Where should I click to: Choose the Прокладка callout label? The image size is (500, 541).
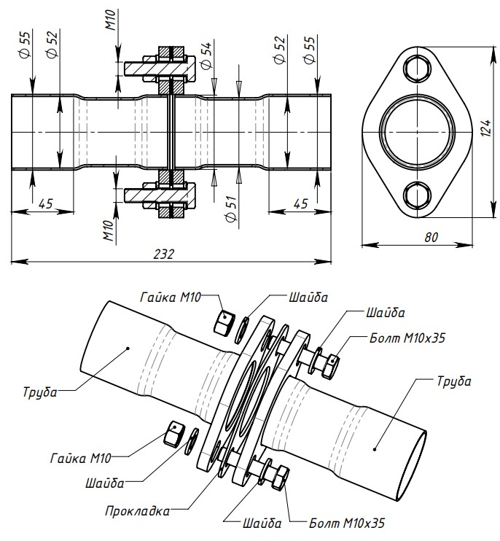coord(137,510)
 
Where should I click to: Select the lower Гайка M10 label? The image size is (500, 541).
coord(81,459)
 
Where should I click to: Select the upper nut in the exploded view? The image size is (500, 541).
coord(224,319)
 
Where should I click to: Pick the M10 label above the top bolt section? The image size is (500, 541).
coord(110,20)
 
